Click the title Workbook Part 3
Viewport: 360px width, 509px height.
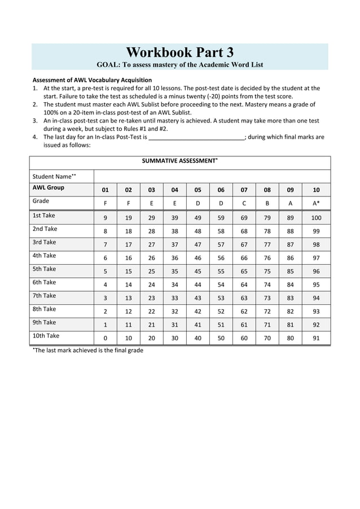click(x=179, y=52)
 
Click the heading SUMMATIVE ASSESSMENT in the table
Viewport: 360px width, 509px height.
click(x=179, y=161)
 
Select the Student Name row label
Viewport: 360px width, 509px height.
click(x=54, y=177)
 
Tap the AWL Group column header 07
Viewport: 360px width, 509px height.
click(x=244, y=190)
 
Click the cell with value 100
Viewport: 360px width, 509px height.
click(x=316, y=218)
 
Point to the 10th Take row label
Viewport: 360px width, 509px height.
click(x=46, y=336)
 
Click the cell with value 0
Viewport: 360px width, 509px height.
click(x=105, y=339)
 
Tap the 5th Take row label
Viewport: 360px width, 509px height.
click(x=45, y=269)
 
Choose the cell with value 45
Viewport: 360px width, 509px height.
click(x=197, y=271)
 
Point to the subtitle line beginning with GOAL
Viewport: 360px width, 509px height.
click(x=179, y=65)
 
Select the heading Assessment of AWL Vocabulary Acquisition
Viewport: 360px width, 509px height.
click(x=92, y=80)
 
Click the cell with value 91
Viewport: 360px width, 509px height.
click(x=316, y=339)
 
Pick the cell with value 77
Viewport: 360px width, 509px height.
click(x=267, y=244)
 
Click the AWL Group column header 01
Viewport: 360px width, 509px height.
click(x=105, y=190)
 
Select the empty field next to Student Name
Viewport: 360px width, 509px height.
click(x=212, y=176)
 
